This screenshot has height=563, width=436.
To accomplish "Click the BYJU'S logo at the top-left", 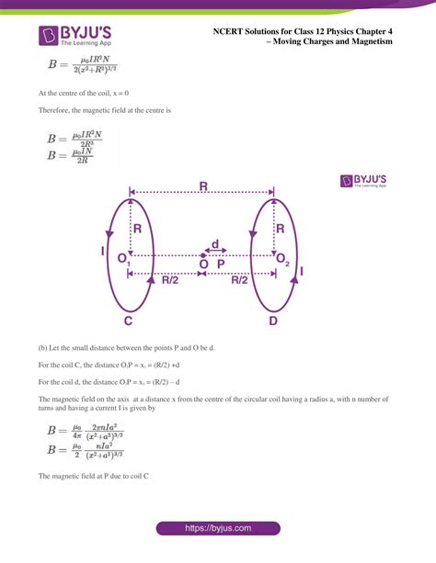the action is [73, 36].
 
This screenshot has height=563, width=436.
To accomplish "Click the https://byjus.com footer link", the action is [217, 528].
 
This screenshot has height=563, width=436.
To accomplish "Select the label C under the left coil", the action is [130, 321].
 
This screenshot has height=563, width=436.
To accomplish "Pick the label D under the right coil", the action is [272, 321].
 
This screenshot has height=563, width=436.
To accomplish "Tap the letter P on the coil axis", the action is [221, 264].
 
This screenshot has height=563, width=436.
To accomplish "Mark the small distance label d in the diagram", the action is [214, 244].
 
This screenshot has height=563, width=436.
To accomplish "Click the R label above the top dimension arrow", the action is [202, 186].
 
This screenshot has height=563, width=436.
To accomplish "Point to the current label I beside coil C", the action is [104, 250].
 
